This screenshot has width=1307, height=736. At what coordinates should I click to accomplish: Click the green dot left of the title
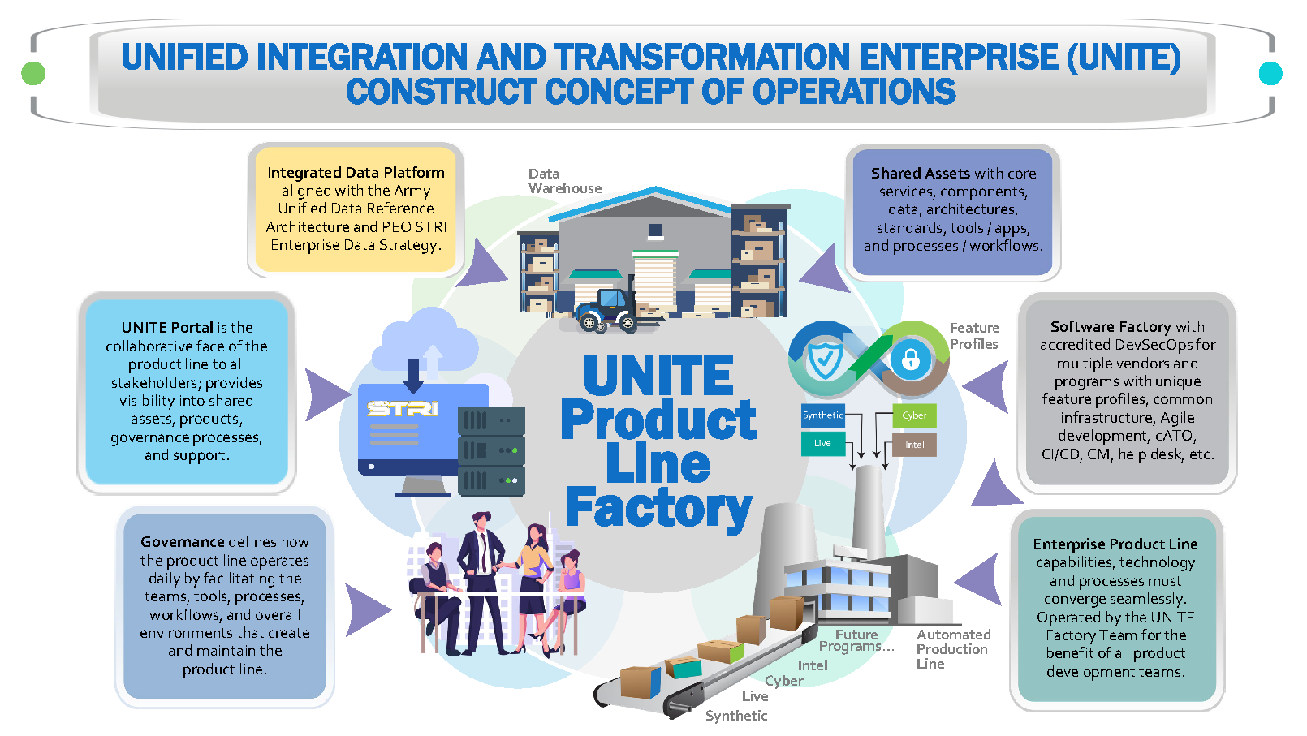[33, 74]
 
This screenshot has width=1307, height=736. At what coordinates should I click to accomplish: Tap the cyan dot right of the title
[1270, 74]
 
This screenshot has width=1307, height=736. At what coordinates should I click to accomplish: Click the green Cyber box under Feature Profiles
[914, 415]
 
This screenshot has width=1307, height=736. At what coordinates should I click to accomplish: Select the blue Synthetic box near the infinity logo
[823, 415]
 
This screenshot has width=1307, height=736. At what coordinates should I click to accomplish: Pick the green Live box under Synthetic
[823, 443]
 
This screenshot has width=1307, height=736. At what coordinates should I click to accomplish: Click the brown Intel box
[915, 445]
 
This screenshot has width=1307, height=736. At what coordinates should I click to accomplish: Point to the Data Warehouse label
[564, 181]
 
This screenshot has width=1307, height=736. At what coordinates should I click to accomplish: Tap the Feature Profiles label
[974, 336]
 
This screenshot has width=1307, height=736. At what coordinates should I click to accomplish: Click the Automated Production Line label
[953, 649]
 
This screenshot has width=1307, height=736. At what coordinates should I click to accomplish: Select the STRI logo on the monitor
[403, 408]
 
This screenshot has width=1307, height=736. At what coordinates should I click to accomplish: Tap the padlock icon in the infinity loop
[910, 359]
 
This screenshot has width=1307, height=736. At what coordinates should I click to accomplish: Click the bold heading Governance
[182, 542]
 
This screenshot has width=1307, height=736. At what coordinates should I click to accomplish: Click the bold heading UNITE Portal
[167, 328]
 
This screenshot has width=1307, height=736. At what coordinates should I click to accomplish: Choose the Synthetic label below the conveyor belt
[735, 716]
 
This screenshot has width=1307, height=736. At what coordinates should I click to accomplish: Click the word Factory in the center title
[658, 508]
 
